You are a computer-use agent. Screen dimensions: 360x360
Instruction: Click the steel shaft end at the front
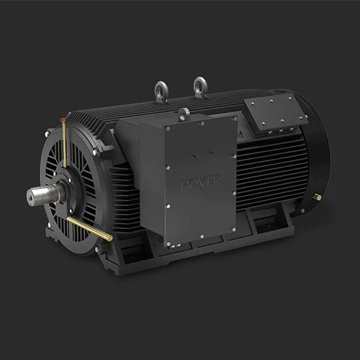(36, 196)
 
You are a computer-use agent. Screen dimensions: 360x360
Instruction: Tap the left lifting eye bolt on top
(161, 91)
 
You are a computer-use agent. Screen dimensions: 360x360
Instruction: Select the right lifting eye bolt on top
(200, 87)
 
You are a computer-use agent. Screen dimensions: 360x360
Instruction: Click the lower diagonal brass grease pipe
(89, 229)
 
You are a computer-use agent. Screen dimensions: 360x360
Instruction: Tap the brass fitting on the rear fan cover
(317, 197)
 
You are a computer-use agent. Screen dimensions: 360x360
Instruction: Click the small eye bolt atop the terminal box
(184, 113)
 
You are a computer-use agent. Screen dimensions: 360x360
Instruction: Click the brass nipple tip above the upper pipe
(63, 122)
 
